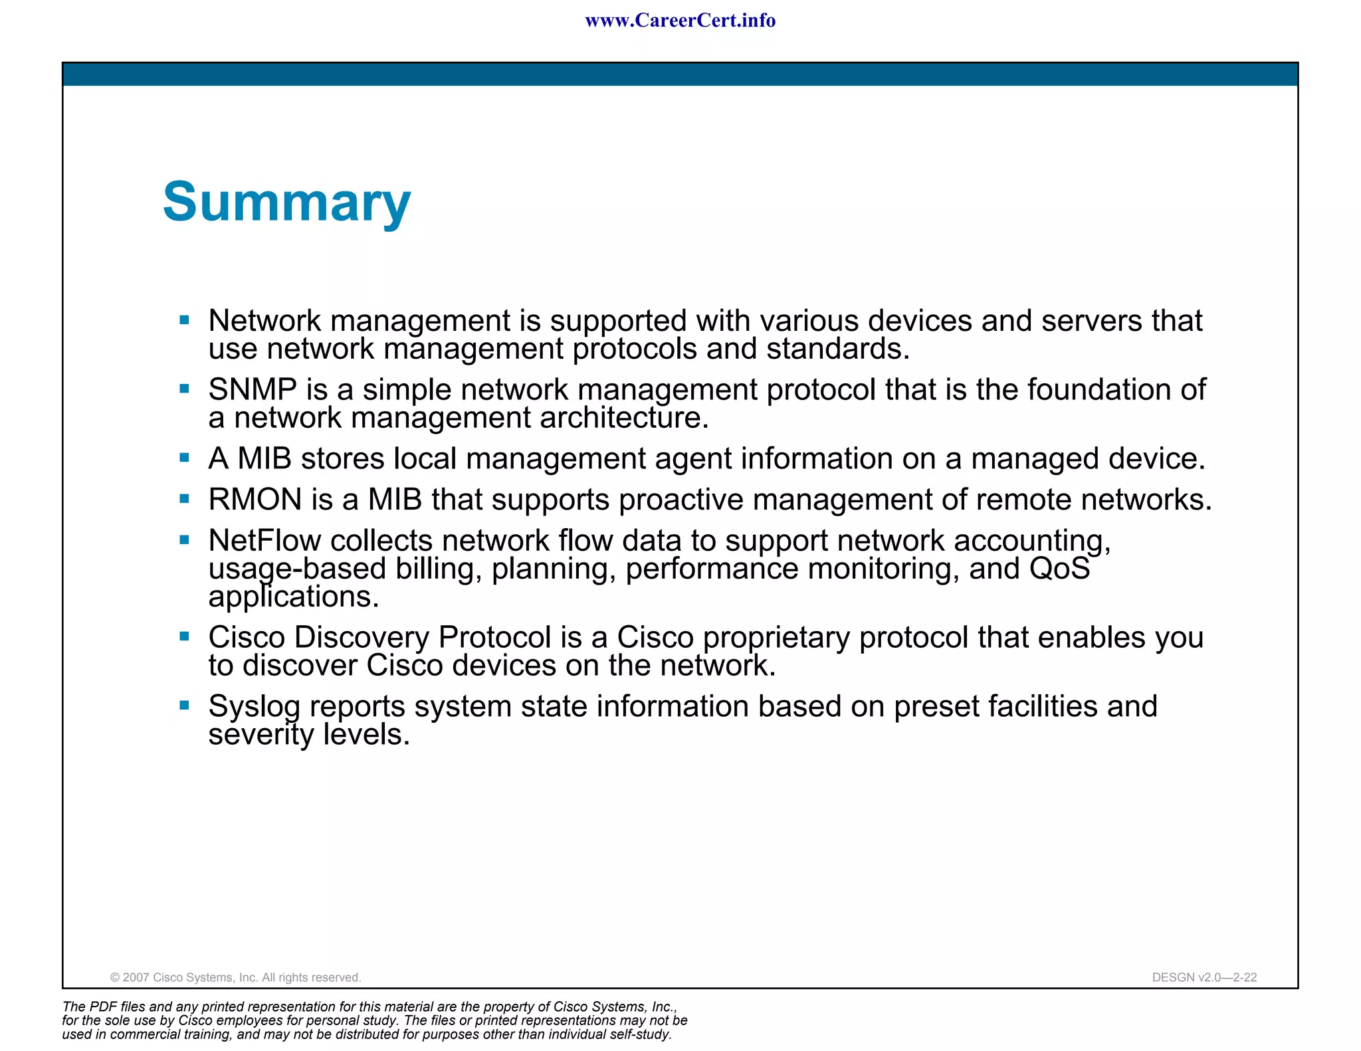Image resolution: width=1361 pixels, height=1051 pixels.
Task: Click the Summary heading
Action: pos(286,202)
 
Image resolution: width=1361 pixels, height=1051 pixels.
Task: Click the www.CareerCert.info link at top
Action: pos(680,21)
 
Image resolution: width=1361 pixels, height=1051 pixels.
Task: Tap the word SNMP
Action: pos(252,389)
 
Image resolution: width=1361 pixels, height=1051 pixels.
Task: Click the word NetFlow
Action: pos(264,541)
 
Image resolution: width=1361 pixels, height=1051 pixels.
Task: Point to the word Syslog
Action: pos(254,707)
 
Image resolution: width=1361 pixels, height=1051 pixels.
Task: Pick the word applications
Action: pos(293,597)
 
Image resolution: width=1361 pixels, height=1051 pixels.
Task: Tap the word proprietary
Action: pos(776,638)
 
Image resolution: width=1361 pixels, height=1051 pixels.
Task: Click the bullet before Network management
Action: pos(185,320)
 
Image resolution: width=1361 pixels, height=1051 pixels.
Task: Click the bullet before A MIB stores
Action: pos(185,458)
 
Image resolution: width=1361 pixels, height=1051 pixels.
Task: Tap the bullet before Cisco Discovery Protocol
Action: pos(185,636)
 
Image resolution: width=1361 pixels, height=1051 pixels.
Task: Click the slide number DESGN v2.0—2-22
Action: pos(1204,977)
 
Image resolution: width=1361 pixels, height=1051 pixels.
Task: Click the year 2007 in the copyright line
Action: pos(136,977)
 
